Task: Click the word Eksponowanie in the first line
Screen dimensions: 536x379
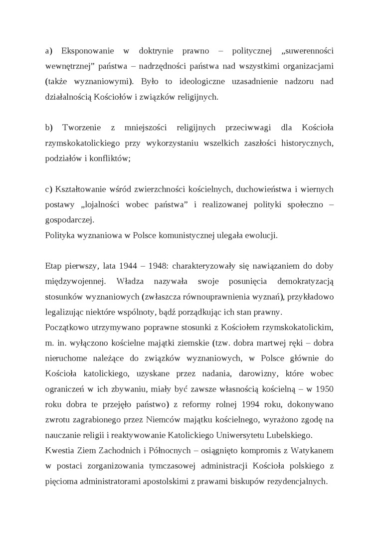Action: pos(87,51)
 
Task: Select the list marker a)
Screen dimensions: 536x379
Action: pos(49,51)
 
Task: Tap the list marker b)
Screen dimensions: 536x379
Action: pos(49,128)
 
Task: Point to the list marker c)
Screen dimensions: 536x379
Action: pos(48,189)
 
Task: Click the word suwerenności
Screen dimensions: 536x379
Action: pos(309,51)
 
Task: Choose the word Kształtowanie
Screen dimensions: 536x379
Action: pos(81,189)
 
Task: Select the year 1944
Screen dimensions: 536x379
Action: pos(130,266)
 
